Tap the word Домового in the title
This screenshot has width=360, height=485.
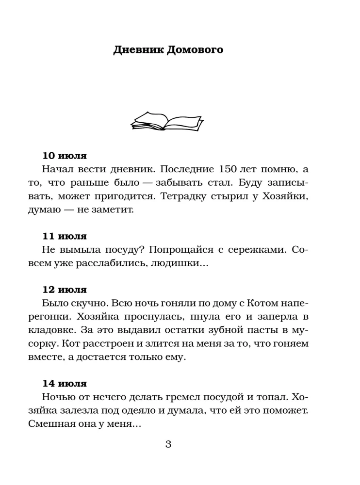click(195, 50)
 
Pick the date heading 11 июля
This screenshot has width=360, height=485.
click(65, 236)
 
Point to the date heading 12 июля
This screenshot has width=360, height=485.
click(65, 290)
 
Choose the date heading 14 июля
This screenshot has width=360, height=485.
click(65, 383)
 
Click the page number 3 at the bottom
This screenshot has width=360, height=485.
click(168, 444)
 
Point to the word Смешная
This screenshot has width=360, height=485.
click(64, 423)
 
